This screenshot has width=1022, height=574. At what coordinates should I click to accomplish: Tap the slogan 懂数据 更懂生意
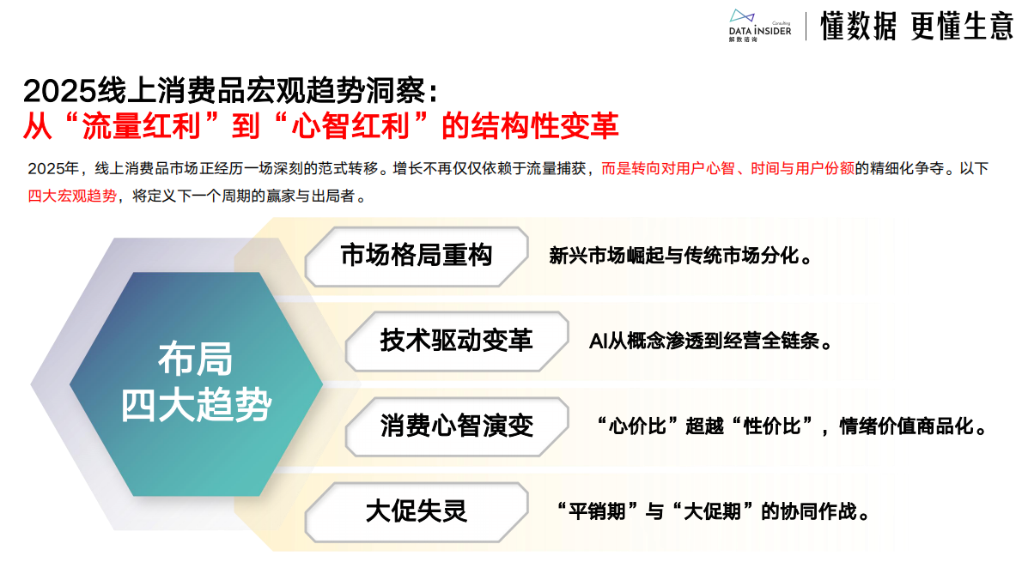(x=916, y=27)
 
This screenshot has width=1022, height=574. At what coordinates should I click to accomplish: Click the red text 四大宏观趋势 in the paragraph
(x=72, y=196)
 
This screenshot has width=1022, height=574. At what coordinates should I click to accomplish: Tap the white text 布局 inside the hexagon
(x=195, y=359)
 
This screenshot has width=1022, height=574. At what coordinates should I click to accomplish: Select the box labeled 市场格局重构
(x=417, y=256)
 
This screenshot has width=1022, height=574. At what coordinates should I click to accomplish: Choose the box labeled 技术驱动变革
(x=456, y=340)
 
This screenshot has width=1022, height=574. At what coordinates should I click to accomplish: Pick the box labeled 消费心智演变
(x=456, y=426)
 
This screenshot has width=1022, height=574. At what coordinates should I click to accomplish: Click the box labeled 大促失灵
(x=417, y=511)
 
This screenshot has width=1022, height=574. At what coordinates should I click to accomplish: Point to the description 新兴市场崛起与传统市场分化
(x=680, y=257)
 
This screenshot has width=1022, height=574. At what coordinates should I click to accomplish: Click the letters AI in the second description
(x=599, y=341)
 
